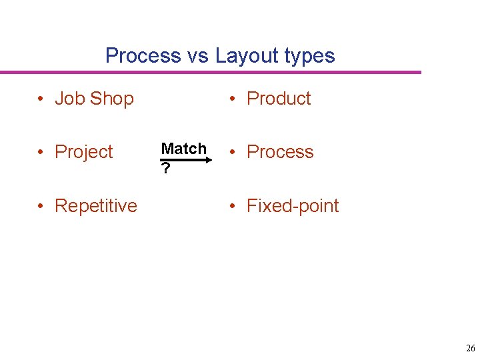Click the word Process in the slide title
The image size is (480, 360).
pos(143,55)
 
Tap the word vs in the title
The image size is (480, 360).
pos(198,55)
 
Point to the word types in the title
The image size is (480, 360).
pos(310,56)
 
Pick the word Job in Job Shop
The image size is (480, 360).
pos(70,99)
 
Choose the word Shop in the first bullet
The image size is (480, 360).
pos(112,99)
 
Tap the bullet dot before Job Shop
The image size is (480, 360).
pos(41,99)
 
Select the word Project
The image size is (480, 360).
pos(84,153)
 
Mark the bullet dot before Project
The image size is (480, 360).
pos(41,152)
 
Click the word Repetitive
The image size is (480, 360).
pos(96,206)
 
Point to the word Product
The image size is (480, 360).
pos(279,99)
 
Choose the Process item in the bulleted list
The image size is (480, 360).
pos(280,152)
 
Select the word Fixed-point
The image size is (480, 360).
pos(293,206)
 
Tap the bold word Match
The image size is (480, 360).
pos(184,149)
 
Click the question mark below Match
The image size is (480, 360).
pos(165,169)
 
